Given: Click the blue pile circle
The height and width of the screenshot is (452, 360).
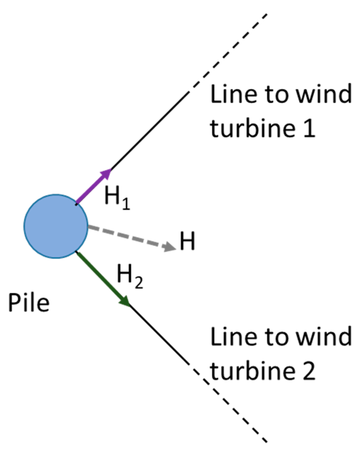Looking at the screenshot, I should (x=56, y=226).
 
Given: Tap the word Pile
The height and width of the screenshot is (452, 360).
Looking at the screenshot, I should (x=29, y=303).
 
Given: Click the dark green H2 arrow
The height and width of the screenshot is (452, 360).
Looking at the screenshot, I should (x=101, y=277).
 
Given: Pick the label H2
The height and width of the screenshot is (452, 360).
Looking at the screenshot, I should (x=129, y=276).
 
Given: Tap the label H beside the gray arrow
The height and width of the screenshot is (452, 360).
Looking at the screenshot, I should (x=187, y=241).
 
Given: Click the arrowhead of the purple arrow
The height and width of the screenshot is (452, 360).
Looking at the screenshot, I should (x=107, y=173).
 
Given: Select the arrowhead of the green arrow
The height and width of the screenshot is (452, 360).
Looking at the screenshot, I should (x=125, y=301).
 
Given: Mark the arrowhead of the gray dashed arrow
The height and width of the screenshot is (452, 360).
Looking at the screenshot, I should (x=170, y=247).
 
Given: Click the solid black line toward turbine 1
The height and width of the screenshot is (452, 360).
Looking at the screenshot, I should (x=150, y=130).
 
